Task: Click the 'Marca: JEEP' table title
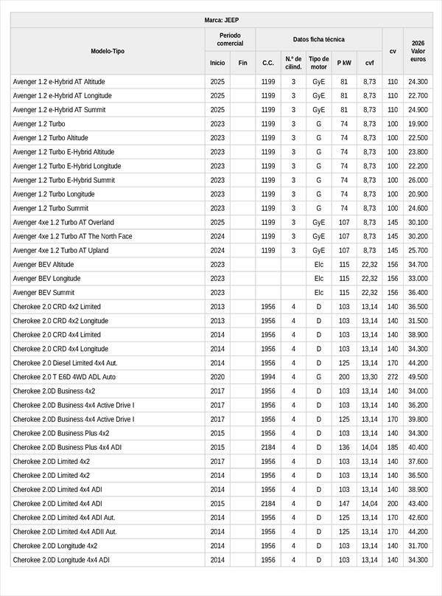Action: coord(221,20)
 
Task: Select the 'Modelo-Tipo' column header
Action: coord(108,51)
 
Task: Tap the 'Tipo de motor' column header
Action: coord(319,63)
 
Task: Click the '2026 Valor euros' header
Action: coord(418,51)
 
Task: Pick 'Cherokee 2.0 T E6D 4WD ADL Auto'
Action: coord(64,377)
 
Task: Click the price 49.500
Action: coord(418,377)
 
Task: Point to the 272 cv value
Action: coord(393,377)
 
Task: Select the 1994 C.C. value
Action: coord(268,377)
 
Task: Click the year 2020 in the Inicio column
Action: coord(217,377)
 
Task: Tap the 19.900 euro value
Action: coord(418,124)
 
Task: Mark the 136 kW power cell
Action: coord(344,447)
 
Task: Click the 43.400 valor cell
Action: coord(418,503)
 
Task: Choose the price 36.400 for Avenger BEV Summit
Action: coord(418,293)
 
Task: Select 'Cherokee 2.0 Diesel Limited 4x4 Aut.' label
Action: coord(65,363)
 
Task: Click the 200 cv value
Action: coord(393,503)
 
